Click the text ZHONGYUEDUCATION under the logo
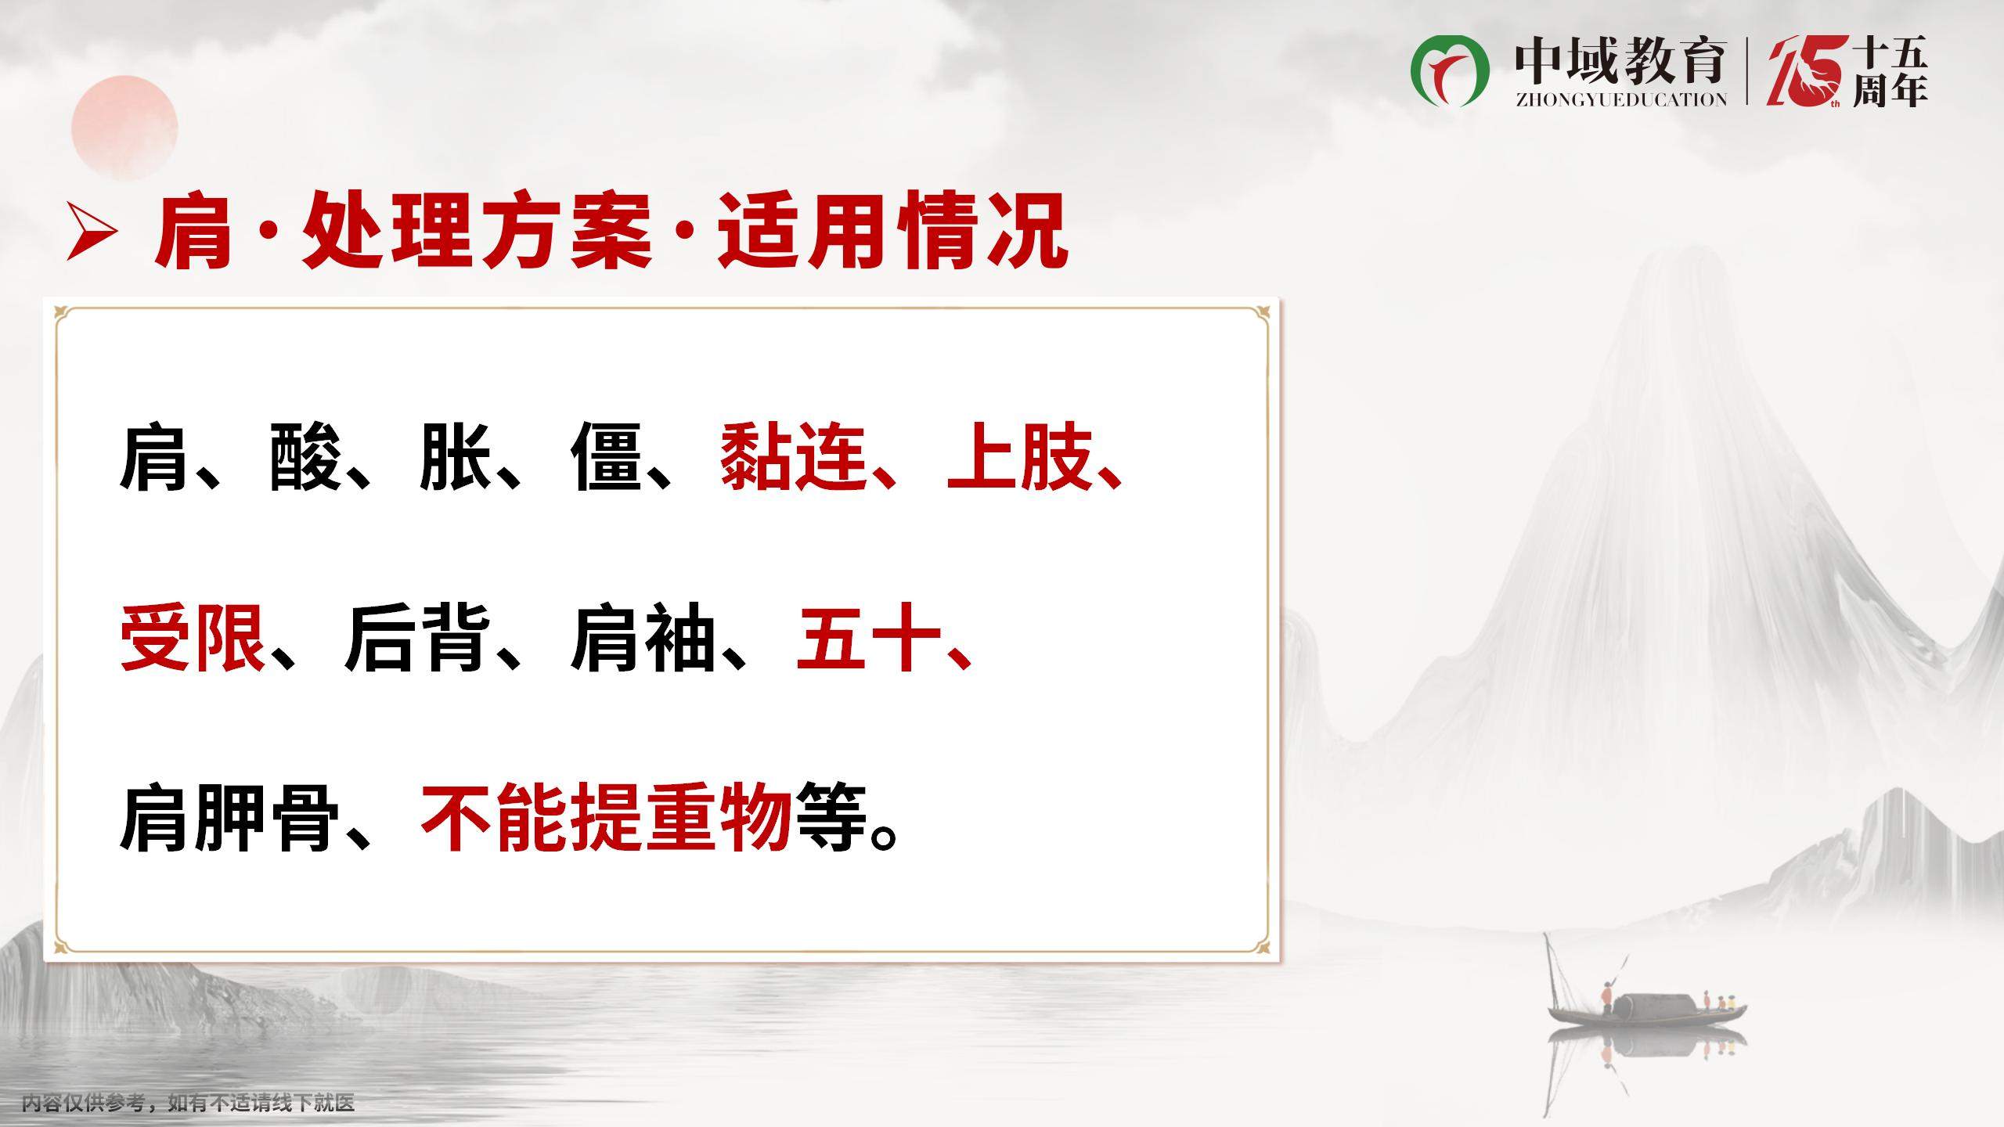[x=1620, y=99]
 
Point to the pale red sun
[x=124, y=128]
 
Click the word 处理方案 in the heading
[x=478, y=232]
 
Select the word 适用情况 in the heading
[x=894, y=232]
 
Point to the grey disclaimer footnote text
[x=189, y=1104]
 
